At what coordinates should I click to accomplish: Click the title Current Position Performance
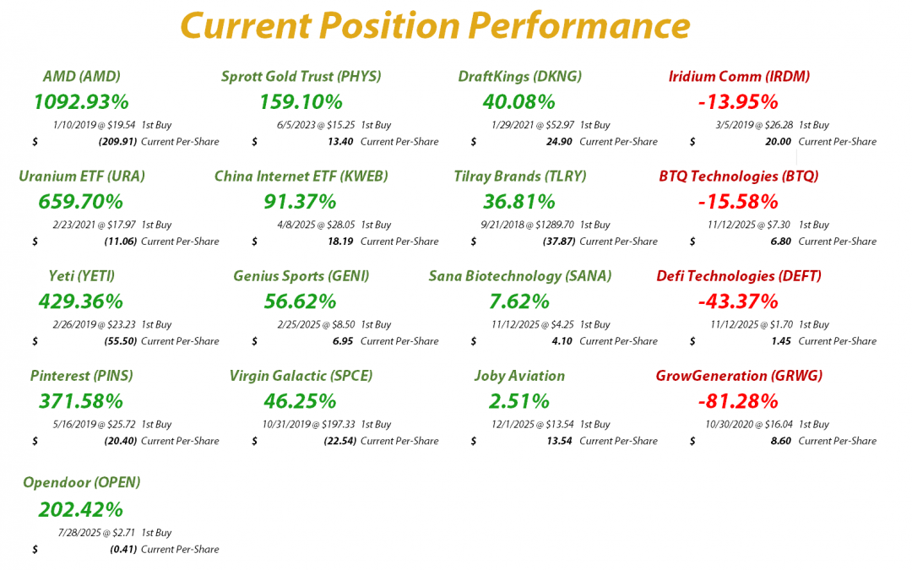(435, 26)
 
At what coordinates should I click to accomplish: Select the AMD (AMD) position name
(81, 76)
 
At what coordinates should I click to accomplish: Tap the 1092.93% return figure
(81, 102)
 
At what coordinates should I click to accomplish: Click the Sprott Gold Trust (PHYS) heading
(301, 76)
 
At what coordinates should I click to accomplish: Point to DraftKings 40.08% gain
(518, 102)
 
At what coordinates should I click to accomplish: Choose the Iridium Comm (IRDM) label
(739, 76)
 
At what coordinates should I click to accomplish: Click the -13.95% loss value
(738, 102)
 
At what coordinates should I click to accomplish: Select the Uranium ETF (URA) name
(81, 176)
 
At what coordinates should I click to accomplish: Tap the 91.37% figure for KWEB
(300, 202)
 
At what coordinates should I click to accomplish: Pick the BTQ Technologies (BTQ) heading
(739, 176)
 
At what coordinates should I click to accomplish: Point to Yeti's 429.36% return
(81, 301)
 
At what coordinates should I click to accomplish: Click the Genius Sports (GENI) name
(301, 276)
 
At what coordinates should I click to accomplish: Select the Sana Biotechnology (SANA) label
(519, 276)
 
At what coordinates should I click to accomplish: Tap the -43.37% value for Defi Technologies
(738, 301)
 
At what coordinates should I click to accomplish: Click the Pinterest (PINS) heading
(81, 376)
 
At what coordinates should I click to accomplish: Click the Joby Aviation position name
(519, 376)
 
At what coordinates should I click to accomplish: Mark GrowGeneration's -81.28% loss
(738, 401)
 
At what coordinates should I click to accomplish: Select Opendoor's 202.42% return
(81, 510)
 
